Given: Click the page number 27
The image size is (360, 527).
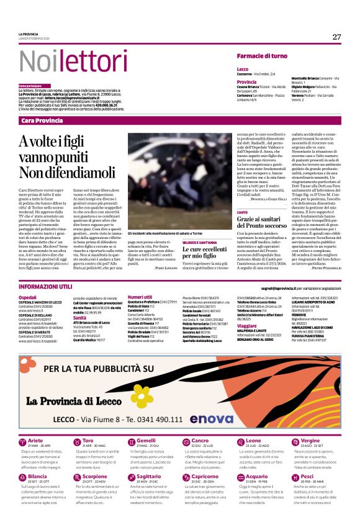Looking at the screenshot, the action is point(336,37).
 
